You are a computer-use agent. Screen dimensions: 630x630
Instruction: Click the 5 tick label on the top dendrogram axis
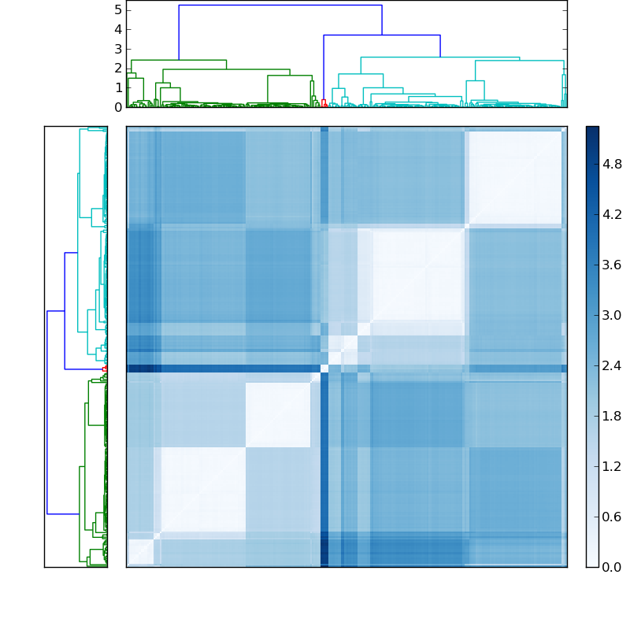click(118, 9)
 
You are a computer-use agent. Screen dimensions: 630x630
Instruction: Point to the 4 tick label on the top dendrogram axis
click(118, 29)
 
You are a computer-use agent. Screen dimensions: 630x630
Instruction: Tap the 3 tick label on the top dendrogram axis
click(118, 49)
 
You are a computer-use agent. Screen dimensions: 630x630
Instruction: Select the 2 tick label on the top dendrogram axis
click(118, 68)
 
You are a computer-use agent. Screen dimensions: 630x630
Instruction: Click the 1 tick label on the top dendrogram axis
click(118, 87)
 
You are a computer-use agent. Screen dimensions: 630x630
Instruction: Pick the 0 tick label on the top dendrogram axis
click(118, 107)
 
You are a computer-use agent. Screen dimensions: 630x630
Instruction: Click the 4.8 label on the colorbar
click(612, 164)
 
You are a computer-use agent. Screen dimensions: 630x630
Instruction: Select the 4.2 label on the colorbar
click(612, 214)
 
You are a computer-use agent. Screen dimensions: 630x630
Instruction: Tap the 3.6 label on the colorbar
click(612, 265)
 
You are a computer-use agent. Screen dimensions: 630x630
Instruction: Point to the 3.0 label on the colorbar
click(612, 315)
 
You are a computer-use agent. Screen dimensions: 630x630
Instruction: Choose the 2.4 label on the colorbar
click(612, 365)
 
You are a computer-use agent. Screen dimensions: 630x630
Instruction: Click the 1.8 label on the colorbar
click(612, 416)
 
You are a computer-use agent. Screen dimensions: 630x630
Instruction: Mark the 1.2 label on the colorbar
click(612, 466)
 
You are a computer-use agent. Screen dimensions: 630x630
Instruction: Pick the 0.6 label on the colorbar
click(612, 517)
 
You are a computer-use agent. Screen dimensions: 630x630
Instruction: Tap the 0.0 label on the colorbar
click(612, 567)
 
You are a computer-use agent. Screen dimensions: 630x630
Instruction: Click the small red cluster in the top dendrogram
click(324, 102)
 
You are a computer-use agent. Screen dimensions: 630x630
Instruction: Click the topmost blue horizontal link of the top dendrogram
click(280, 6)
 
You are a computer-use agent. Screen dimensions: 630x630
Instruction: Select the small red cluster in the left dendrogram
click(104, 368)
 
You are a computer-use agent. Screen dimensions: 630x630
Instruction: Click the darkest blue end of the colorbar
click(592, 129)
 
